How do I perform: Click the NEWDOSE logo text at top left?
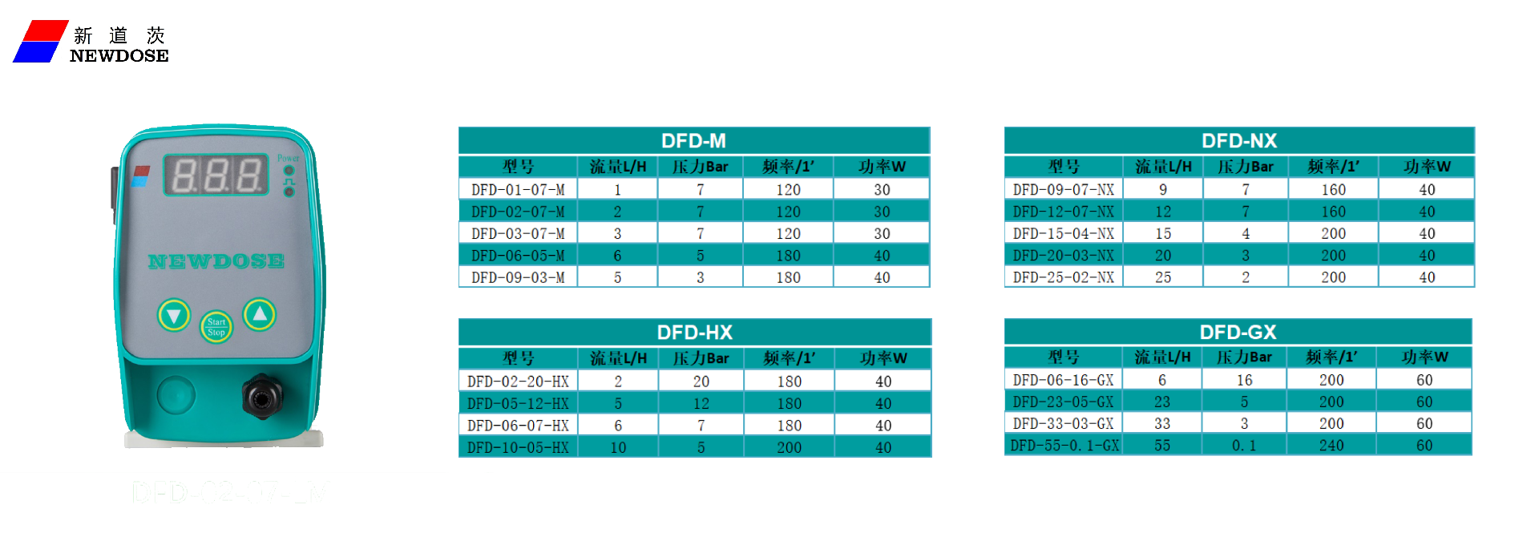point(119,55)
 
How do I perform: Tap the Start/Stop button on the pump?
point(216,327)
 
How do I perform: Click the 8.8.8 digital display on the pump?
point(216,175)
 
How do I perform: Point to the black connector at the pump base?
point(262,395)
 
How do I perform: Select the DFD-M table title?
point(693,141)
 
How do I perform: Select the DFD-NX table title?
point(1238,141)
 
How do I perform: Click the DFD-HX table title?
point(694,333)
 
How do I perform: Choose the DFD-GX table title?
point(1238,333)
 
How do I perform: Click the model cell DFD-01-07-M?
point(518,190)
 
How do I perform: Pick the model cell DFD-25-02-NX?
point(1063,277)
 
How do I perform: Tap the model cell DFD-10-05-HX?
point(518,447)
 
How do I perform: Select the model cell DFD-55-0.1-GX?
point(1064,446)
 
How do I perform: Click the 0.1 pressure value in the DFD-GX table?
point(1243,446)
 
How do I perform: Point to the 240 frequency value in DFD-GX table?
point(1331,446)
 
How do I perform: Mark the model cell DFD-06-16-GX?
point(1063,380)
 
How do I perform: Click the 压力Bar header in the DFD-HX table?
point(701,358)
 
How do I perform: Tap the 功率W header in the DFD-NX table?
point(1427,167)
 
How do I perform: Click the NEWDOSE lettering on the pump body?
point(216,261)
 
